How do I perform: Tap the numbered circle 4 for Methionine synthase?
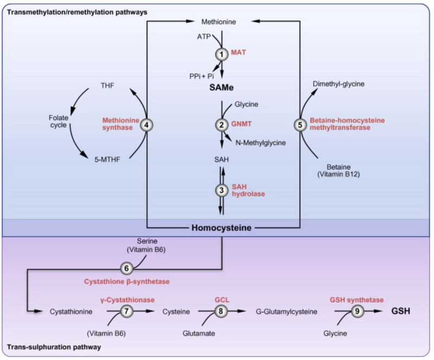(x=146, y=124)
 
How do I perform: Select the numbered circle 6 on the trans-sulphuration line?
(x=126, y=268)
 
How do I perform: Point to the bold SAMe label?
(x=221, y=87)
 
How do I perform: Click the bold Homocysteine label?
(x=221, y=228)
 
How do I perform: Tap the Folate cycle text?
(x=55, y=121)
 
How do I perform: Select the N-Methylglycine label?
(x=260, y=142)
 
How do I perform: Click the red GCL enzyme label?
(x=223, y=299)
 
